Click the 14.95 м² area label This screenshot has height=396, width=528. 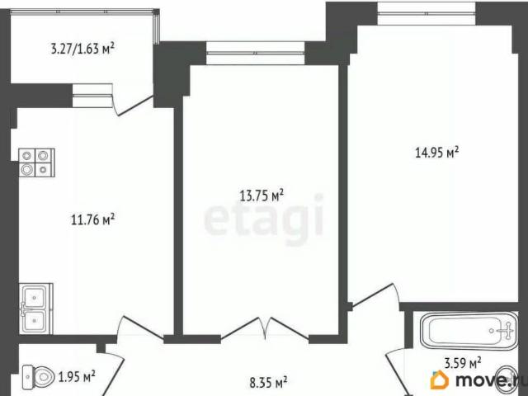(x=436, y=153)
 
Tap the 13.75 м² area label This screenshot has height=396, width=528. (x=262, y=196)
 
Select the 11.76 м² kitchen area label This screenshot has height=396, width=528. (x=93, y=219)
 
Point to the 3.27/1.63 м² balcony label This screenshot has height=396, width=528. (x=82, y=49)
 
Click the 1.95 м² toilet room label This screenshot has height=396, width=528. (x=77, y=376)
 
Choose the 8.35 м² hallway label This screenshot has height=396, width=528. (x=268, y=382)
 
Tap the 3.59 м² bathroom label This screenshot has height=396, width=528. (x=463, y=363)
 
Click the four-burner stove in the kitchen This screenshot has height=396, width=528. (x=36, y=163)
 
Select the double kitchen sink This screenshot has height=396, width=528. (x=35, y=309)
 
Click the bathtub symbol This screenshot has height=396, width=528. (x=469, y=331)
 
